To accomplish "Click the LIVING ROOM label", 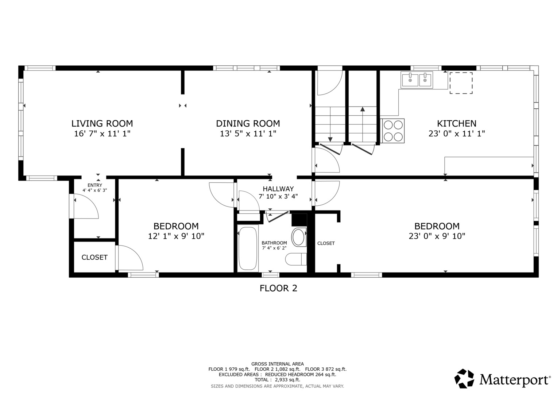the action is click(x=102, y=123).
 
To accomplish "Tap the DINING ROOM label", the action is click(x=248, y=123).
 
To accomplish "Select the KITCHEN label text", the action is click(x=457, y=123).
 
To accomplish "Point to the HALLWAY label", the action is click(x=278, y=189).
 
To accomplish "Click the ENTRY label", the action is click(x=95, y=185).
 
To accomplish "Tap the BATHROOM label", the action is click(x=274, y=243).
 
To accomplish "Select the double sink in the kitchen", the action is click(x=417, y=80).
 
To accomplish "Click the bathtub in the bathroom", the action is click(x=248, y=248).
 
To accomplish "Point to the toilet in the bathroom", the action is click(x=296, y=259).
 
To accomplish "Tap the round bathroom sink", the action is click(x=299, y=237).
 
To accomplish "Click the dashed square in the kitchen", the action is click(x=461, y=83).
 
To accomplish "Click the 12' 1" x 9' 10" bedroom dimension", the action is click(x=176, y=236).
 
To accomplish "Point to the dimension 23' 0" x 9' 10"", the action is click(x=437, y=236).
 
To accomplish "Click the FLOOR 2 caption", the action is click(x=279, y=288).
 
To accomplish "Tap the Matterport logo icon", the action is click(x=464, y=378).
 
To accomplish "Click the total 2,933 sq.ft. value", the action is click(x=287, y=380).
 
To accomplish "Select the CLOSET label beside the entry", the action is click(x=94, y=257).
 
